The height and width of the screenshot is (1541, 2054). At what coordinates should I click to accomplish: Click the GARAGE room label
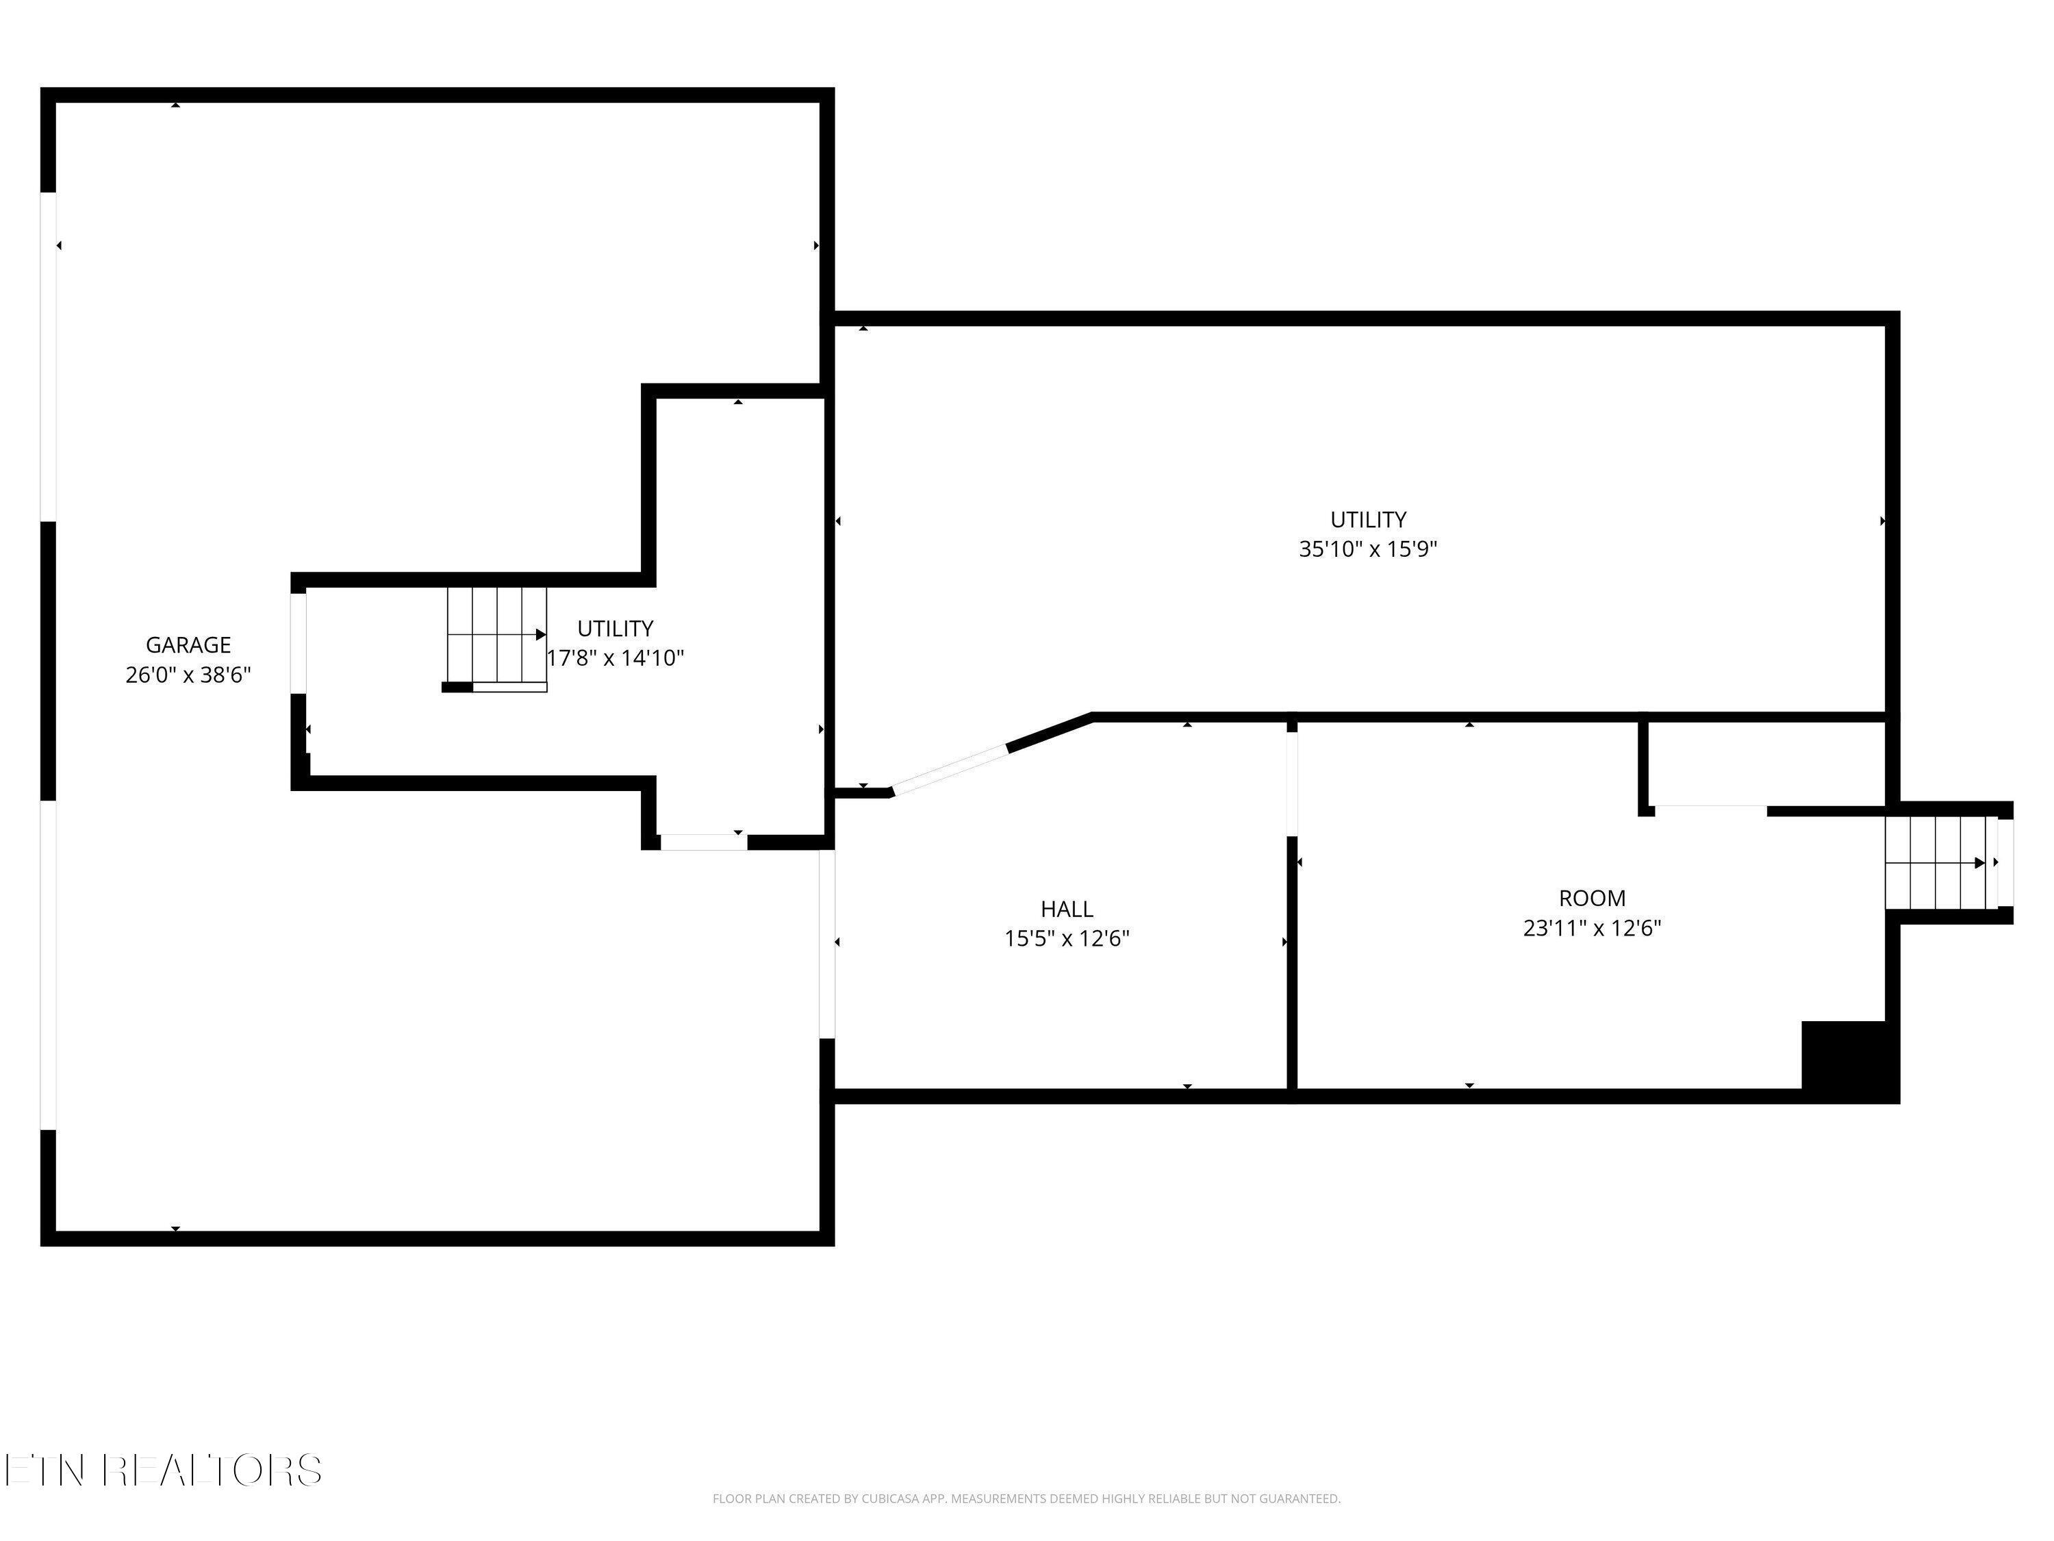[188, 644]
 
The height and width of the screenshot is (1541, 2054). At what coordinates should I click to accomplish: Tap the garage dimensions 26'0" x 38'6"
[188, 675]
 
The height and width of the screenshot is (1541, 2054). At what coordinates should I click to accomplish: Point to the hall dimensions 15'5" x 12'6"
[1066, 938]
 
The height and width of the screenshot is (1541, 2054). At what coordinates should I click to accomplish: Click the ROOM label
[1592, 898]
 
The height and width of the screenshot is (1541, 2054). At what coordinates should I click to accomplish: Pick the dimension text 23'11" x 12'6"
[1592, 928]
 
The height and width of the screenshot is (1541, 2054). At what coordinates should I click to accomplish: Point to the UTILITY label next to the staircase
[615, 629]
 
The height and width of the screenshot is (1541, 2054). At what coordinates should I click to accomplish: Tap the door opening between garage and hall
[826, 944]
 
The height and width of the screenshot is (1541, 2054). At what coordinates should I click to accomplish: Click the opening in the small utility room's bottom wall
[703, 842]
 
